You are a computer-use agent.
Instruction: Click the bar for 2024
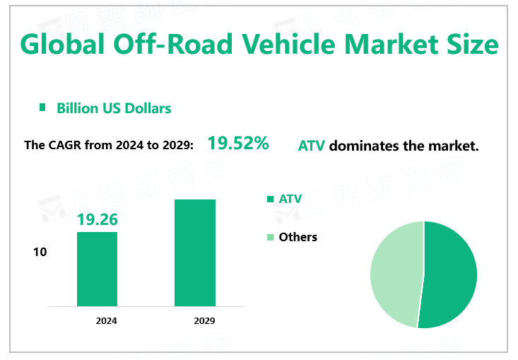coord(97,269)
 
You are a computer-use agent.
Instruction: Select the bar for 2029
coord(194,252)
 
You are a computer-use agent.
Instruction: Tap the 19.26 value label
coord(97,220)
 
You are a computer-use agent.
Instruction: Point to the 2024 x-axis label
coord(107,320)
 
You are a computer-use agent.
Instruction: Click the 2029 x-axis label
coord(204,320)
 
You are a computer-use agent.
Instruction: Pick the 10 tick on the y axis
coord(40,252)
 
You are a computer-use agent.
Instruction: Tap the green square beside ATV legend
coord(269,199)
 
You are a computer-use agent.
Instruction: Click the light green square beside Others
coord(269,237)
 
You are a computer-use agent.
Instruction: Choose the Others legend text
coord(298,237)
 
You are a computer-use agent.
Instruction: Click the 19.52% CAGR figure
coord(237,144)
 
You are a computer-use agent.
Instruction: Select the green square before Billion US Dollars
coord(42,108)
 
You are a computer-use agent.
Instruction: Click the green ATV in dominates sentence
coord(312,146)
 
